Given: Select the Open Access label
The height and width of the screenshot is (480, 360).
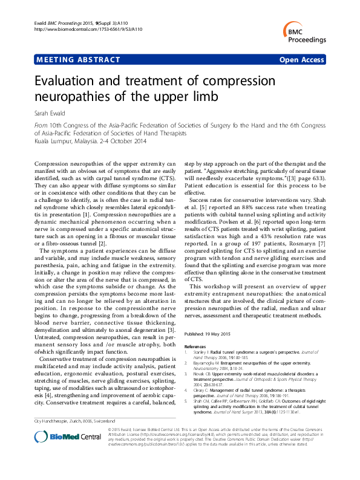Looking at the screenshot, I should [302, 60].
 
